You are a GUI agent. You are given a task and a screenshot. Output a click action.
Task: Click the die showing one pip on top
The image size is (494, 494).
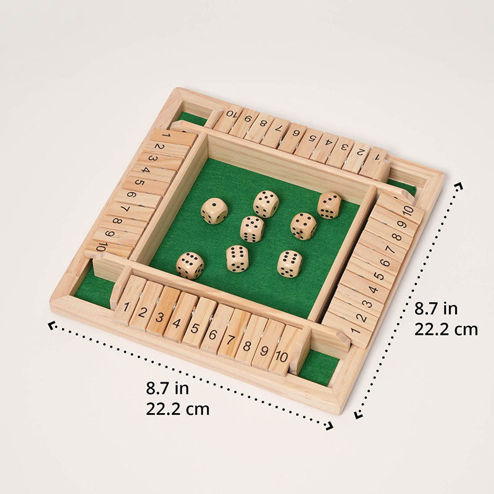(x=214, y=211)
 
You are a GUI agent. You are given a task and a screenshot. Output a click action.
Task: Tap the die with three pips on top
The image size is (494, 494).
(x=329, y=205)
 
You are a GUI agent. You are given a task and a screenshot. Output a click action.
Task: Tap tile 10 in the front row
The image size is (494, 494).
(x=282, y=355)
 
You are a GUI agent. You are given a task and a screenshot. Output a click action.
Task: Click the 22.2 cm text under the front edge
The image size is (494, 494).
(x=178, y=408)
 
